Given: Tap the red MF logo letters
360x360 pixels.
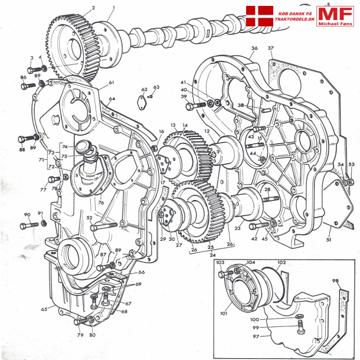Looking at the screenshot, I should click(335, 14).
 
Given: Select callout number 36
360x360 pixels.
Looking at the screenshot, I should click(254, 48).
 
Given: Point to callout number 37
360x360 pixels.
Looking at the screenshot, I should click(271, 48).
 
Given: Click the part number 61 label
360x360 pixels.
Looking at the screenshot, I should click(111, 83).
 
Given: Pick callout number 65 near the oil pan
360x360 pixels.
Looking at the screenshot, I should click(44, 309).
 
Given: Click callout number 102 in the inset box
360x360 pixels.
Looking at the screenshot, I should click(281, 263).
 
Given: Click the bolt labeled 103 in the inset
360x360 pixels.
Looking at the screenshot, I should click(224, 274).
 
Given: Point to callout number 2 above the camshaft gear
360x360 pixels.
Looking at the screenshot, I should click(93, 8).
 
